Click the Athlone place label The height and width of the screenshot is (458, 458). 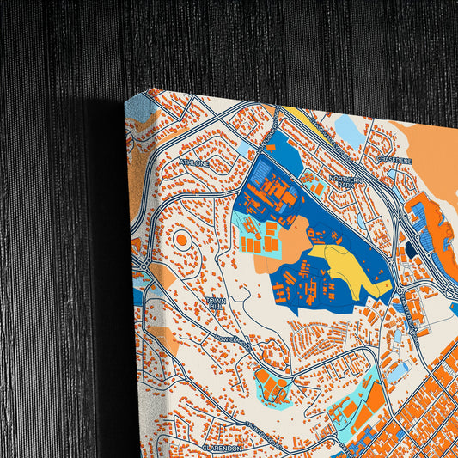coord(194,162)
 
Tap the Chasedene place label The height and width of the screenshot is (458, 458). coord(394,160)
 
